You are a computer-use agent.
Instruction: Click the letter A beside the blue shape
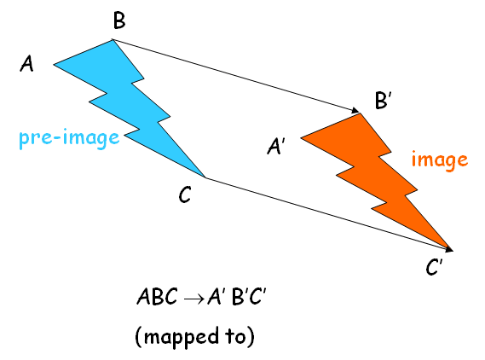pyautogui.click(x=27, y=65)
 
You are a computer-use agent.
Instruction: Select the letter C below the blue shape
pyautogui.click(x=185, y=195)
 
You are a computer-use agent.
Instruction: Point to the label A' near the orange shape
pyautogui.click(x=276, y=148)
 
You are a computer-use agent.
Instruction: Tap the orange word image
pyautogui.click(x=440, y=160)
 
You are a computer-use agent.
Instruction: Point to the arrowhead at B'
pyautogui.click(x=354, y=110)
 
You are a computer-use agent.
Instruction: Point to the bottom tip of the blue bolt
pyautogui.click(x=204, y=177)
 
